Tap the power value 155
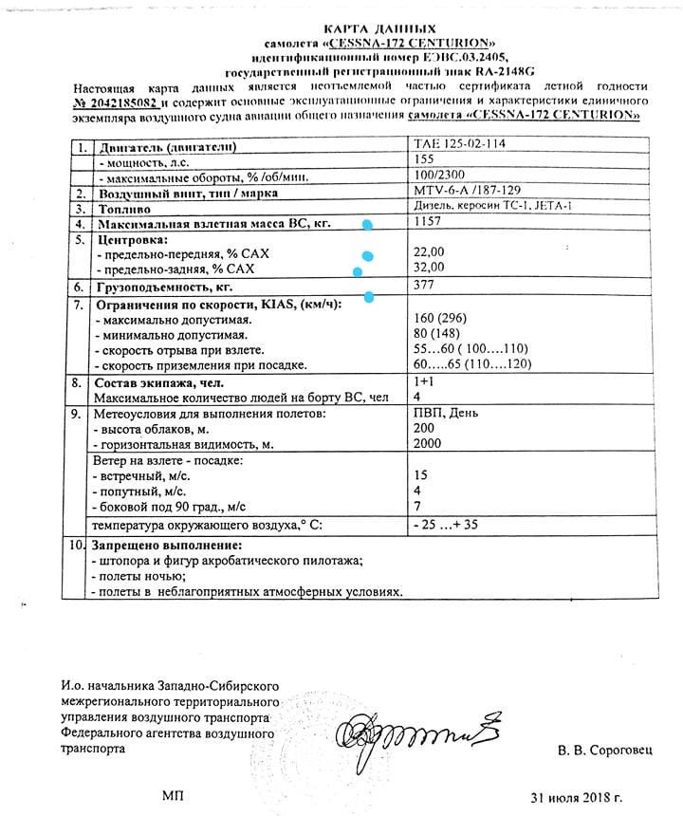(x=424, y=160)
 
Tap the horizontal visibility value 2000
(x=428, y=444)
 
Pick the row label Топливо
(x=124, y=208)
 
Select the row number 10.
(x=77, y=546)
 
